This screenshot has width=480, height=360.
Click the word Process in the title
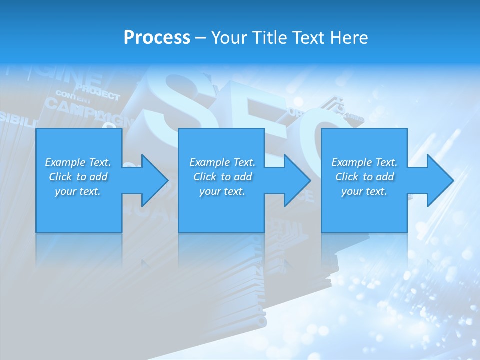(x=157, y=38)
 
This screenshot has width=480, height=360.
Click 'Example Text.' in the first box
(x=78, y=162)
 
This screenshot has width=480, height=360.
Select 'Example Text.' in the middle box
(x=222, y=162)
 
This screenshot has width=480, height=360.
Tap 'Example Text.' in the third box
(x=364, y=162)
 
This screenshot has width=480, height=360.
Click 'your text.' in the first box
(x=78, y=191)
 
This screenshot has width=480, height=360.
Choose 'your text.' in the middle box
(x=222, y=191)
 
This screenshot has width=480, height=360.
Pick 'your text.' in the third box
(x=364, y=191)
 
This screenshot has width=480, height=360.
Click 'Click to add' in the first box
(x=78, y=177)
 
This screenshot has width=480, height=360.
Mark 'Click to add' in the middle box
(x=222, y=177)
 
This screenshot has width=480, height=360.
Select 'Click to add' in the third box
(x=364, y=177)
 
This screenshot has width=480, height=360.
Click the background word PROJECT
(x=98, y=93)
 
